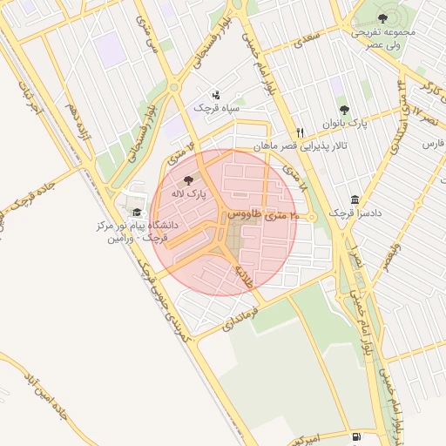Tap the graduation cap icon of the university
point(136,212)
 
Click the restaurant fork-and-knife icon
point(299,132)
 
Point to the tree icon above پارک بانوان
point(344,110)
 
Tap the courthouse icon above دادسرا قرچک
point(354,199)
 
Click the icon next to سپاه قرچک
point(216,94)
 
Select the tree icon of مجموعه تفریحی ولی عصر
point(382,18)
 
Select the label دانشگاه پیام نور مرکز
point(137,225)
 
